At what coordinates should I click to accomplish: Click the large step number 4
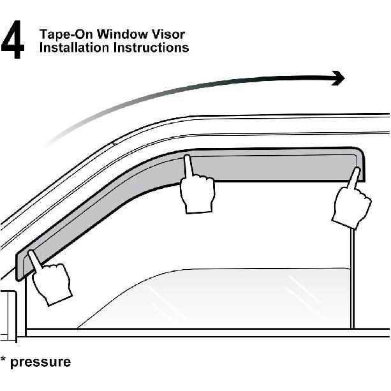(x=13, y=40)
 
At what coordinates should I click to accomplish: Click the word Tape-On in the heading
(x=66, y=34)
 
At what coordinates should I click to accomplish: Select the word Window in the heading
(x=122, y=34)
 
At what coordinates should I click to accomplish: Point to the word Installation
(x=74, y=47)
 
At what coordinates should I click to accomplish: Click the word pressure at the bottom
(x=40, y=363)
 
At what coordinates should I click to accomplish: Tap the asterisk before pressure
(x=3, y=360)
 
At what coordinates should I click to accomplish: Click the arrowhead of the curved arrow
(x=339, y=78)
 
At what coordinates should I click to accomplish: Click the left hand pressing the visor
(x=49, y=278)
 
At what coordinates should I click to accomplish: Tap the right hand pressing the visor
(x=351, y=200)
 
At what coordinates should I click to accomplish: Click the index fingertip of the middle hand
(x=188, y=157)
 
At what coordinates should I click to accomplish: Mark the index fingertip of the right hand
(x=358, y=170)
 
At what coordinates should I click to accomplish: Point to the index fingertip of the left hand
(x=30, y=252)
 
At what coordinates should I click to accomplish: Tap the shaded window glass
(x=214, y=299)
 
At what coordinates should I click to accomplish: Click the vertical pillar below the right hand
(x=352, y=279)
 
